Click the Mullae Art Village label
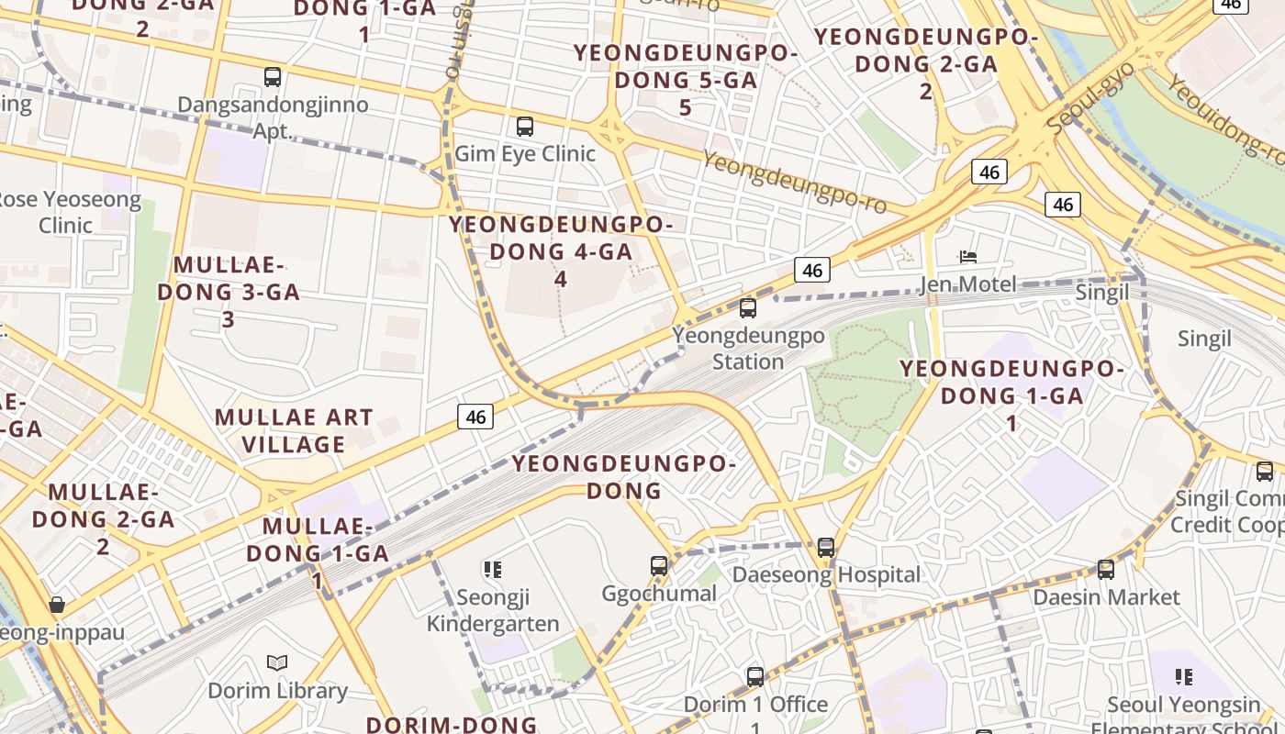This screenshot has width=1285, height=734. click(x=294, y=431)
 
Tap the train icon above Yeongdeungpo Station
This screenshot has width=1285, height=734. click(x=748, y=308)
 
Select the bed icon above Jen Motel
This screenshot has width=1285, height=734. click(x=967, y=257)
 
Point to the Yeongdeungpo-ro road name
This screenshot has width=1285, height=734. click(x=795, y=183)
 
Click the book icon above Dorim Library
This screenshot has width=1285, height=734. click(x=277, y=662)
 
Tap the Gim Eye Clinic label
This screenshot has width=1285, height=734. click(x=525, y=153)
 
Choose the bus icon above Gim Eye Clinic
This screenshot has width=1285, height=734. click(x=525, y=127)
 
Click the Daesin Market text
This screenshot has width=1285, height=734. click(x=1106, y=597)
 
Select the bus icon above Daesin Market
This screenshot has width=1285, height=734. click(x=1106, y=570)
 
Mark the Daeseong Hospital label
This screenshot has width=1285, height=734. click(x=826, y=575)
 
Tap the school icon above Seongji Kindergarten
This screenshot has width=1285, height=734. click(x=493, y=570)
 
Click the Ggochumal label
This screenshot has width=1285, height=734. click(x=659, y=594)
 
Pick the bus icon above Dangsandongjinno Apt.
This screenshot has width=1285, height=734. click(x=273, y=77)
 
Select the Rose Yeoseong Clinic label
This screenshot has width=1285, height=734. click(x=66, y=212)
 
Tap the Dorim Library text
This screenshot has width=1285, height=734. click(x=277, y=691)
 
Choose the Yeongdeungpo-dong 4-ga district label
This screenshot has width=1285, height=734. click(x=561, y=250)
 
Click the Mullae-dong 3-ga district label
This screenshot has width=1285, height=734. click(x=229, y=292)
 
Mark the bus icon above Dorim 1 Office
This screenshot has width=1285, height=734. click(x=755, y=677)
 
